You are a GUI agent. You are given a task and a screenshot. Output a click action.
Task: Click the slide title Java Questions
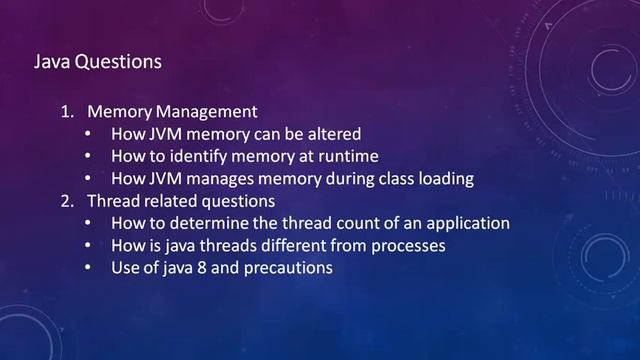coord(98,62)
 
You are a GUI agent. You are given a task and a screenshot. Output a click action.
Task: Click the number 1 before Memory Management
coord(65,111)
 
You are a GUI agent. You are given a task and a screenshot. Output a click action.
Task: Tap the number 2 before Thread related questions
coord(65,200)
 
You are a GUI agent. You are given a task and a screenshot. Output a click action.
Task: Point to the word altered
coord(334,134)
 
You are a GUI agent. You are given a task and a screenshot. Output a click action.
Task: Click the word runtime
coord(354,156)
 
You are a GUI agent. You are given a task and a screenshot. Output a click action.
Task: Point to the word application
coord(466,223)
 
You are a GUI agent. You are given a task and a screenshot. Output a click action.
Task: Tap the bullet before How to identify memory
coord(89,156)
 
